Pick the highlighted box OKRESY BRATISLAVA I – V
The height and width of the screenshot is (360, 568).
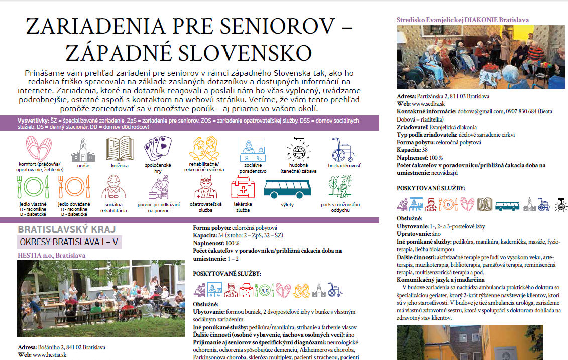[x=69, y=243]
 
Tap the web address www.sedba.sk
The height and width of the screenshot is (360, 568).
[x=427, y=103]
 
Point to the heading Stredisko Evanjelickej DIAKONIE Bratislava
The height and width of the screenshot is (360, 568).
[x=463, y=20]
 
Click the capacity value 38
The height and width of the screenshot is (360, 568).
[x=425, y=150]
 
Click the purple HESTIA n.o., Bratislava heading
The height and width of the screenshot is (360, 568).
[x=51, y=255]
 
